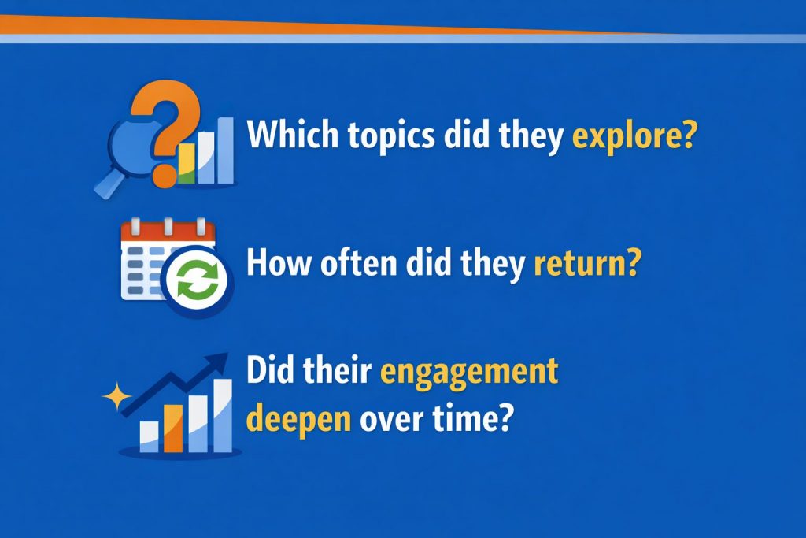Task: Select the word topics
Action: click(391, 135)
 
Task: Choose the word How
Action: click(279, 262)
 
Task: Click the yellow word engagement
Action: click(469, 372)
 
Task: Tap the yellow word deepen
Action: click(298, 419)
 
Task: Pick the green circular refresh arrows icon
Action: click(198, 281)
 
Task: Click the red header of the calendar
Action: click(168, 232)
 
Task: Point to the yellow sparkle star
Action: click(116, 396)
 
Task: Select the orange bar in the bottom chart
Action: click(173, 428)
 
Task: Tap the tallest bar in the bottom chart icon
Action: click(223, 416)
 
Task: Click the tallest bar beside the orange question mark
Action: click(226, 150)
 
